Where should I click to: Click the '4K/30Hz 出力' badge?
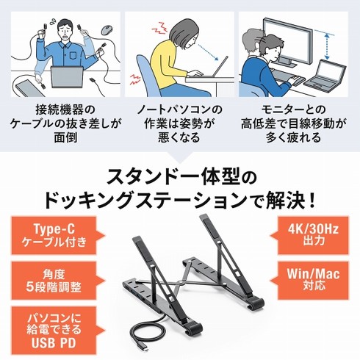(309, 235)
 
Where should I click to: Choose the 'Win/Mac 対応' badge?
(309, 281)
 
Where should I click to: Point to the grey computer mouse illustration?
(107, 30)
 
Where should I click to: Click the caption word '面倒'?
(65, 137)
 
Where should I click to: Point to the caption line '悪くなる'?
(179, 137)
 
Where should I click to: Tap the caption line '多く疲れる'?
(294, 137)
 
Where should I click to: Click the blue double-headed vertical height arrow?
(327, 47)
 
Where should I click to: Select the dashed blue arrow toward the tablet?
(208, 52)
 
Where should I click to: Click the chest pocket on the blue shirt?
(74, 56)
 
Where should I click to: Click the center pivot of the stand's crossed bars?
(181, 283)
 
